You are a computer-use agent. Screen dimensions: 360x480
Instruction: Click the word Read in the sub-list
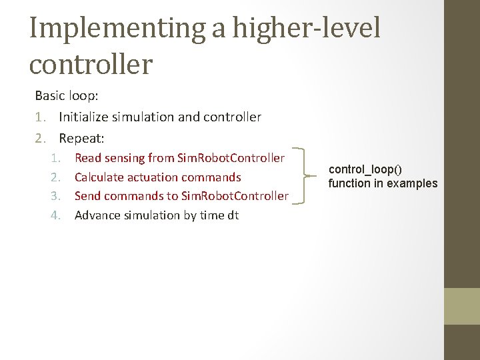click(88, 158)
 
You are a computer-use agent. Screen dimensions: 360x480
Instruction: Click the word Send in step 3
click(87, 196)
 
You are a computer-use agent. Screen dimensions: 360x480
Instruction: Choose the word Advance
click(97, 215)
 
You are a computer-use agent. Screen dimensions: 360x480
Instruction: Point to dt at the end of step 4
click(232, 215)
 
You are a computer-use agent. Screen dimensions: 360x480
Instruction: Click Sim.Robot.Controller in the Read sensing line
click(231, 158)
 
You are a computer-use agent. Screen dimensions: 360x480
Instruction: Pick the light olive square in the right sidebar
click(462, 306)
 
